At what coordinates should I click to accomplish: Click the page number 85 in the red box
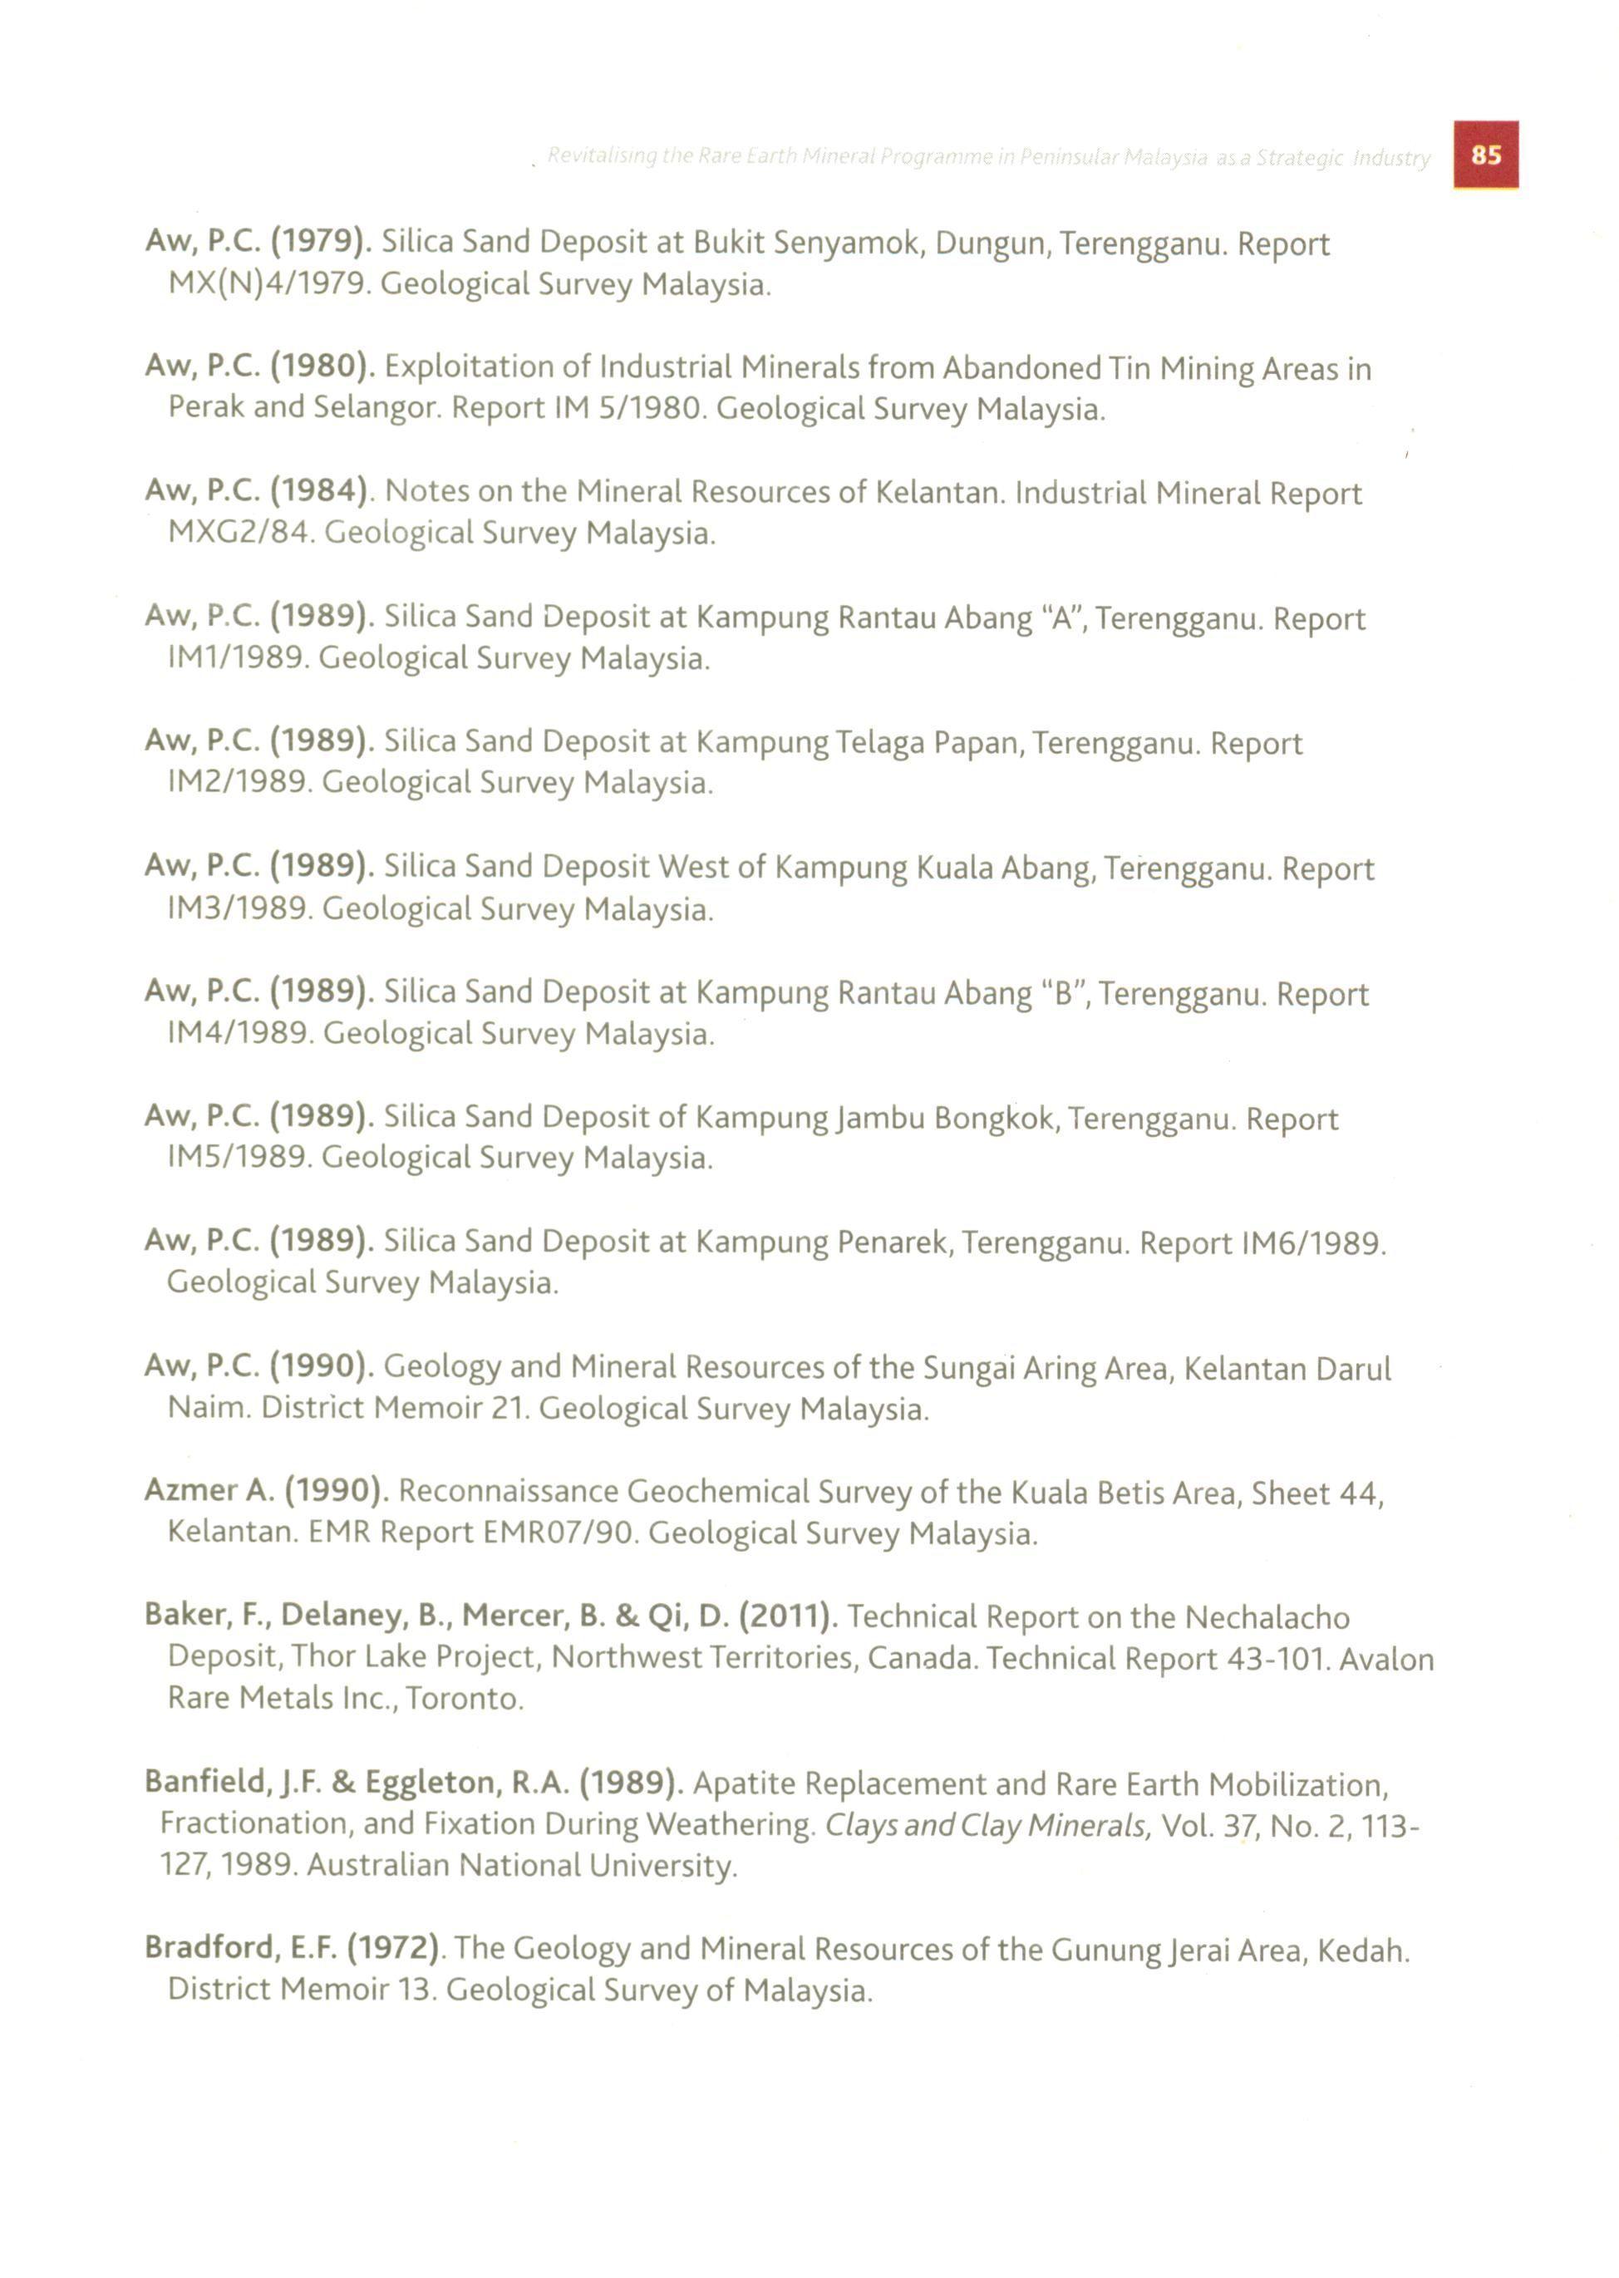coord(1485,155)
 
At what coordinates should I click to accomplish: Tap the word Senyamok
coord(845,244)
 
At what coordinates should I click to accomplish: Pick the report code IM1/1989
coord(241,658)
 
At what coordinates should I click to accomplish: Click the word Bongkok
coord(993,1119)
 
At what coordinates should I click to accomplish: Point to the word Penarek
coord(898,1243)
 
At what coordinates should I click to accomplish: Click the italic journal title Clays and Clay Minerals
coord(988,1824)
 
